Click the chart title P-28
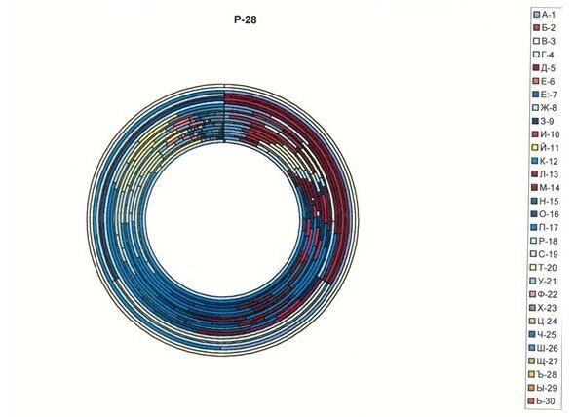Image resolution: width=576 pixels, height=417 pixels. (245, 19)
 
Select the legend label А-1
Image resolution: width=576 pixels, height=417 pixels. (548, 15)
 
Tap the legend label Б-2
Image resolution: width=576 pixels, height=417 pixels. (548, 28)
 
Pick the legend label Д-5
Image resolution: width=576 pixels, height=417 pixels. (548, 68)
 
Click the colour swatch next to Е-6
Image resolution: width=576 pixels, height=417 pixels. (536, 81)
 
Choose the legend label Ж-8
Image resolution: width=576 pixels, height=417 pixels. (549, 108)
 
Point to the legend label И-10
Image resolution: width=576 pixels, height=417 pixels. (550, 134)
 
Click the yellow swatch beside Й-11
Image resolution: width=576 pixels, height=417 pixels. (536, 148)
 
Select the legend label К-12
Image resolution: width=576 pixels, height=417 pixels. (549, 161)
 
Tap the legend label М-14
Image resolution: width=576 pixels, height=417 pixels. (550, 188)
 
